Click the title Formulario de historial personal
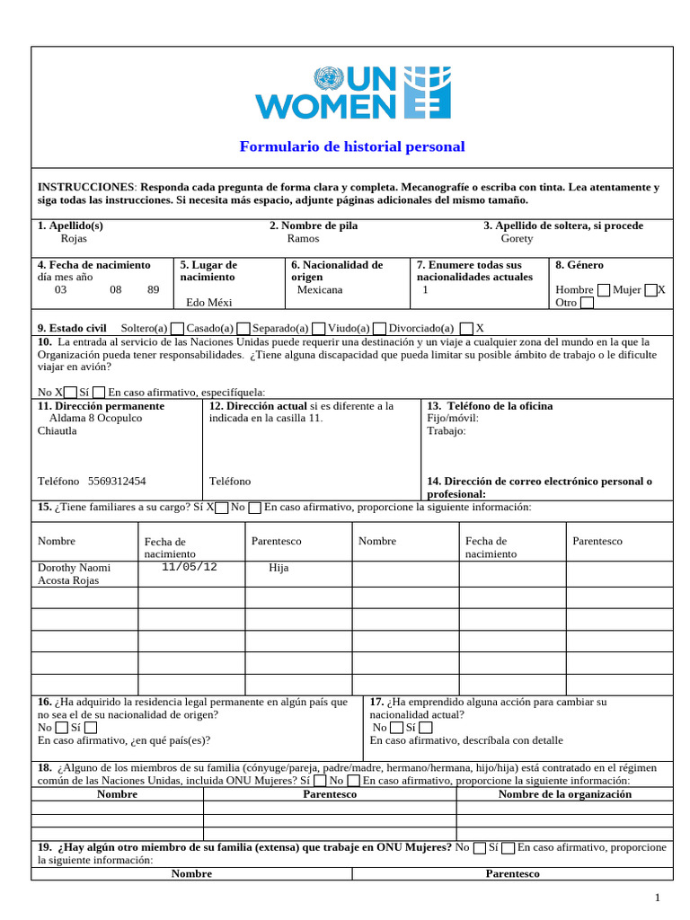[351, 146]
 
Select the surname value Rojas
[74, 239]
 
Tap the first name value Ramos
[303, 239]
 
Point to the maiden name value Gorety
[517, 239]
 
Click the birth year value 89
[153, 290]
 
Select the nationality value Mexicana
[319, 290]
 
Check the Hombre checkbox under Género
[604, 290]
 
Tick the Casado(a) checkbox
[243, 329]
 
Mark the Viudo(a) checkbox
[380, 329]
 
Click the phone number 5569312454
[118, 482]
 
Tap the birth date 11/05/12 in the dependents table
[189, 567]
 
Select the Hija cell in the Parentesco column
[279, 569]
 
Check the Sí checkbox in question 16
[91, 728]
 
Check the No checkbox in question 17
[396, 728]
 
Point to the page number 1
[658, 898]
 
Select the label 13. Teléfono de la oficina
[490, 406]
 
